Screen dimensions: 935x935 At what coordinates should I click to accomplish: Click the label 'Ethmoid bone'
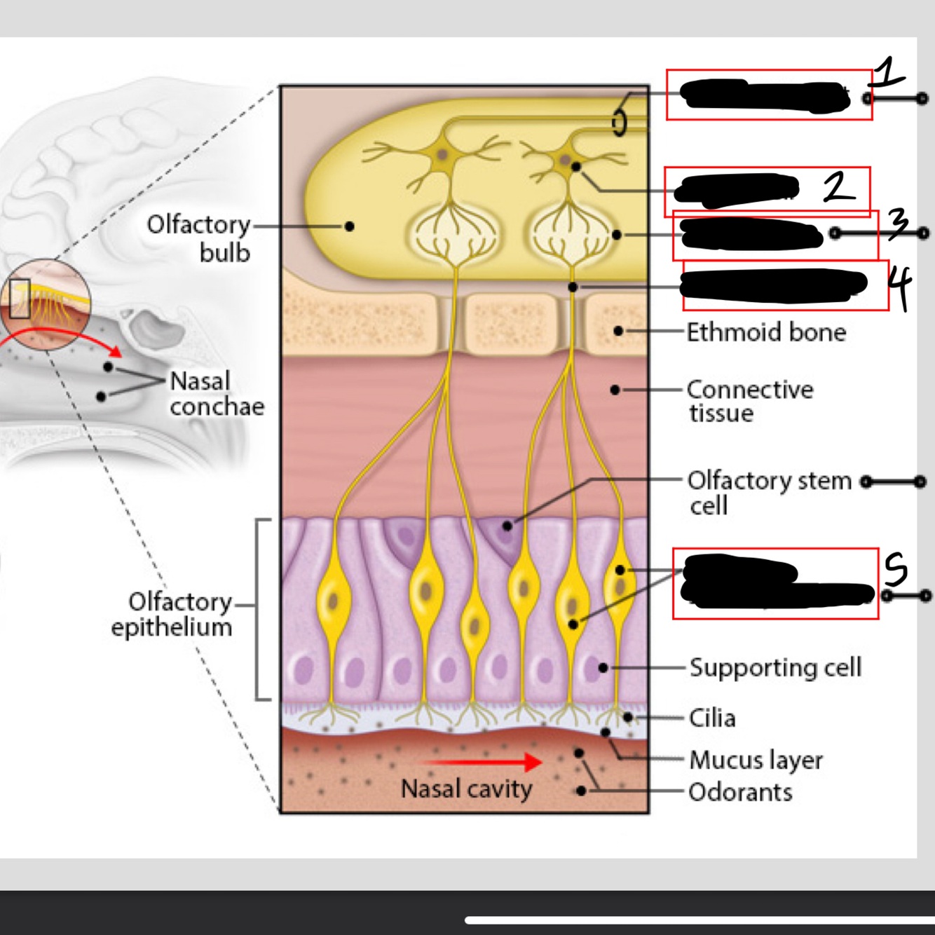click(x=766, y=332)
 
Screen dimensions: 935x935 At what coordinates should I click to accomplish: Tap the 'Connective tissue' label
click(x=749, y=400)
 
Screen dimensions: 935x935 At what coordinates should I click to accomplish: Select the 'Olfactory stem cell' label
click(x=768, y=492)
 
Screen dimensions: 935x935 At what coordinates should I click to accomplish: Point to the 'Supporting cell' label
click(x=775, y=667)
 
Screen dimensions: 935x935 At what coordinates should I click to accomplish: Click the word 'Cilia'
click(x=712, y=718)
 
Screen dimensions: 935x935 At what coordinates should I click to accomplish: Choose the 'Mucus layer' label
click(x=756, y=760)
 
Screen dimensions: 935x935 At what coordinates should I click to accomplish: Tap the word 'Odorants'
click(x=740, y=792)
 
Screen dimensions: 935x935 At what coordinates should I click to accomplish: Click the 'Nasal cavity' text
click(x=466, y=789)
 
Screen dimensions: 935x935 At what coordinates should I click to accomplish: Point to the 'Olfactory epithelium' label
click(x=172, y=614)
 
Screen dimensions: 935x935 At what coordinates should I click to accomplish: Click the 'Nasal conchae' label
click(x=217, y=393)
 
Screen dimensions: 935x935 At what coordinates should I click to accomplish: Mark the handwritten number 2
click(x=838, y=186)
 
